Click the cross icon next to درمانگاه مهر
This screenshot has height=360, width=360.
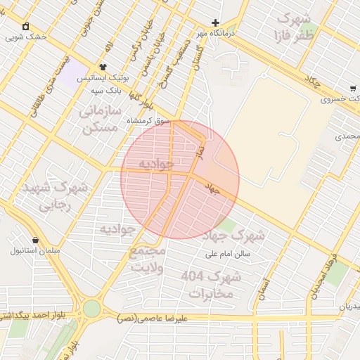[216, 22]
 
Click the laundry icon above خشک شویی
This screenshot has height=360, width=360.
[26, 26]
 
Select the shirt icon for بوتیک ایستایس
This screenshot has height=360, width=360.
[103, 67]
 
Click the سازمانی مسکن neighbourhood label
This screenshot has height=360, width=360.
[101, 120]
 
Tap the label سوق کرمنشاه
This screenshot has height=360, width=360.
[148, 121]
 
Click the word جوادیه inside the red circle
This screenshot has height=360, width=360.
[155, 164]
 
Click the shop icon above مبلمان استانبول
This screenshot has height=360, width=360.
[35, 240]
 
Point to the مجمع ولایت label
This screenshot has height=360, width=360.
[148, 259]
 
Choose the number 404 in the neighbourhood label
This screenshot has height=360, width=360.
[192, 275]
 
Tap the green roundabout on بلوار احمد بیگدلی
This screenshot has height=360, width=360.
[92, 309]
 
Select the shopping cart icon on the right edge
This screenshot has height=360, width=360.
[352, 89]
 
